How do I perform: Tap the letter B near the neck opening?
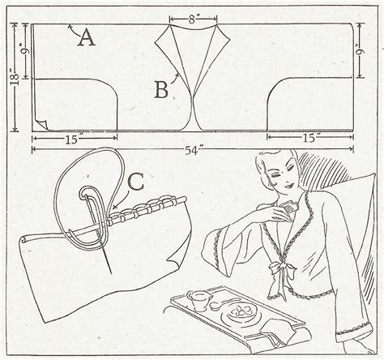[x=161, y=89]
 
